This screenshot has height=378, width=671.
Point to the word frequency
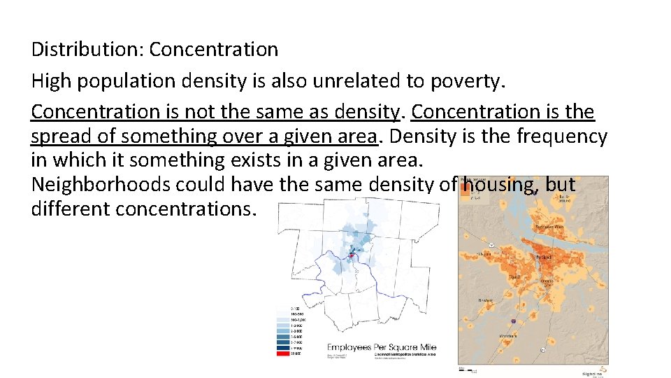coord(562,136)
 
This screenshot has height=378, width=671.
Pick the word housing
coord(499,185)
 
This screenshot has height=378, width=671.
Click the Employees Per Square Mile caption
coord(382,348)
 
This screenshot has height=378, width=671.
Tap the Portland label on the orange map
coord(544,257)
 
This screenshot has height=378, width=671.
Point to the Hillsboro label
coord(483,253)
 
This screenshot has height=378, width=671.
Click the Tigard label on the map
coord(514,277)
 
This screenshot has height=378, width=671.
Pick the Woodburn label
coord(508,337)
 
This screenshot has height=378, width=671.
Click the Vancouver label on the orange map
coord(549,227)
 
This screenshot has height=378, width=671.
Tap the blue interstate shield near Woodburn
coord(514,321)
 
